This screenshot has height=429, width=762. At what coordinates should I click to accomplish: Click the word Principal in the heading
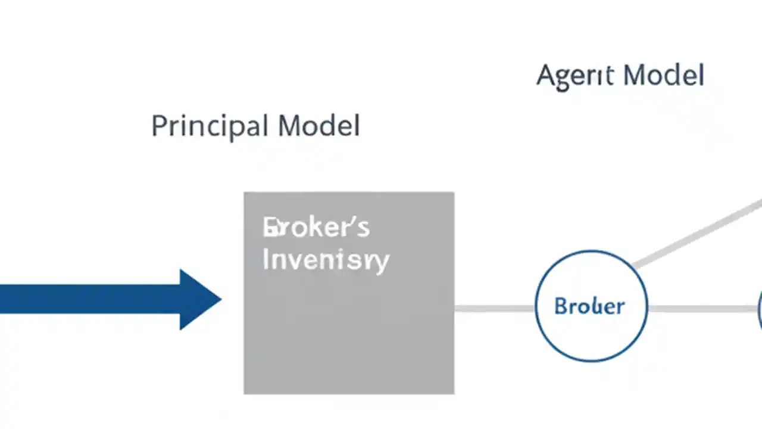tap(209, 126)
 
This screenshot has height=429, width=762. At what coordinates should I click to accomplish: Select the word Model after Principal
tap(318, 126)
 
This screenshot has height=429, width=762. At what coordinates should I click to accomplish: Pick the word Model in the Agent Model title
tap(664, 76)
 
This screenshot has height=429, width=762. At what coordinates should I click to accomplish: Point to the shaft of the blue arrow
tap(89, 299)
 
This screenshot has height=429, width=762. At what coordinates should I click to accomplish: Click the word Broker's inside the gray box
tap(316, 228)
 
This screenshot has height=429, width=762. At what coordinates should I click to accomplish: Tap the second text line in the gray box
tap(325, 260)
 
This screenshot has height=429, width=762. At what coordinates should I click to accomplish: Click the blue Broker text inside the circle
tap(589, 306)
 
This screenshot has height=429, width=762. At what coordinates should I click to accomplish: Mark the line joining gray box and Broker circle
tap(494, 308)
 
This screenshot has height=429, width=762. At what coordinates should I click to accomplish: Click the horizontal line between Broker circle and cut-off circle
tap(702, 309)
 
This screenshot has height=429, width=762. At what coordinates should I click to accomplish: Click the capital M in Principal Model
tap(289, 126)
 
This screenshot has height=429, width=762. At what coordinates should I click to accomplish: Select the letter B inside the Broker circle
tap(560, 306)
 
